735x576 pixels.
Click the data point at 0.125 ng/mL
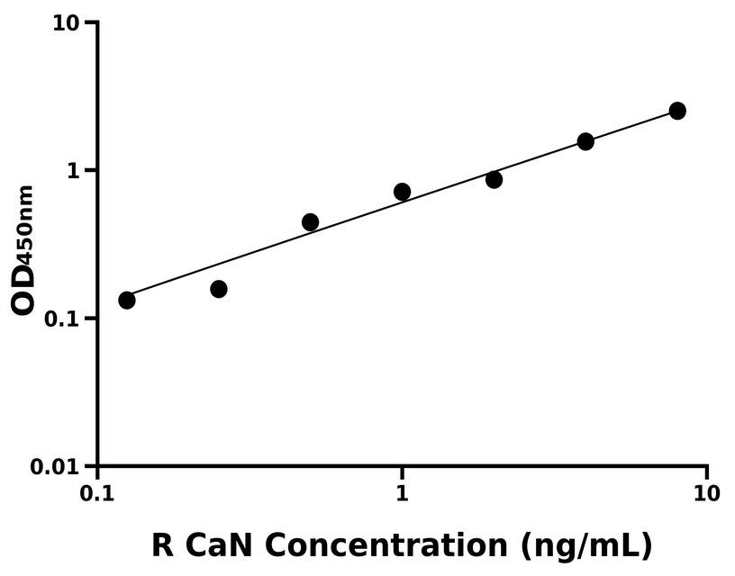click(x=127, y=300)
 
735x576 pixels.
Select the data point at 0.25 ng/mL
click(x=219, y=289)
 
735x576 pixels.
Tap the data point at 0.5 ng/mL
click(x=311, y=222)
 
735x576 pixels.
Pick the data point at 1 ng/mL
click(x=403, y=192)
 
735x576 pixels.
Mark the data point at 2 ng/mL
click(x=494, y=180)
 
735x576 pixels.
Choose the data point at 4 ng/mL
click(x=585, y=141)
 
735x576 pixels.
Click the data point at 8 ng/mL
click(x=677, y=111)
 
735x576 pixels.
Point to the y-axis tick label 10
click(x=66, y=22)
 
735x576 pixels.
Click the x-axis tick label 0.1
click(x=97, y=494)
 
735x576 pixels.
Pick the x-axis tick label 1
click(x=403, y=494)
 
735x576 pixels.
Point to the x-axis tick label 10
click(x=707, y=494)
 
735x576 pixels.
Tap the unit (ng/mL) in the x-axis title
click(x=585, y=545)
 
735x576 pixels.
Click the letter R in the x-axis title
click(x=162, y=545)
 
